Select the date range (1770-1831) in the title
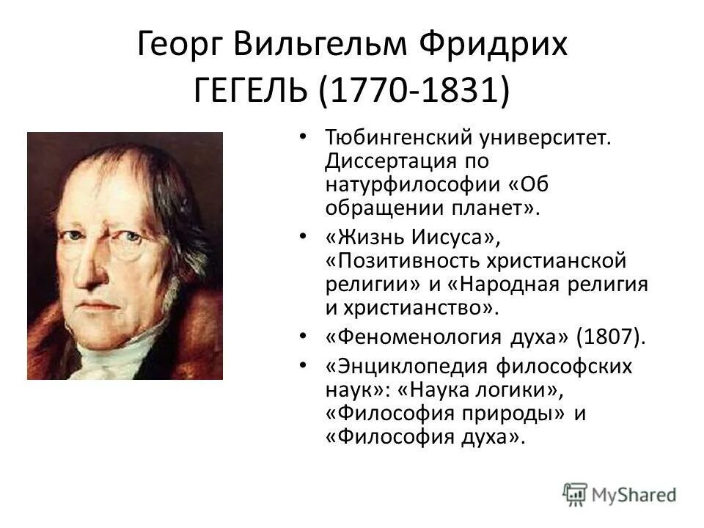coord(413,90)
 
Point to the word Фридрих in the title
coord(499,45)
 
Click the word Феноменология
coord(410,337)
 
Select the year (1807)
coord(611,337)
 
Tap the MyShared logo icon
coord(576,494)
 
